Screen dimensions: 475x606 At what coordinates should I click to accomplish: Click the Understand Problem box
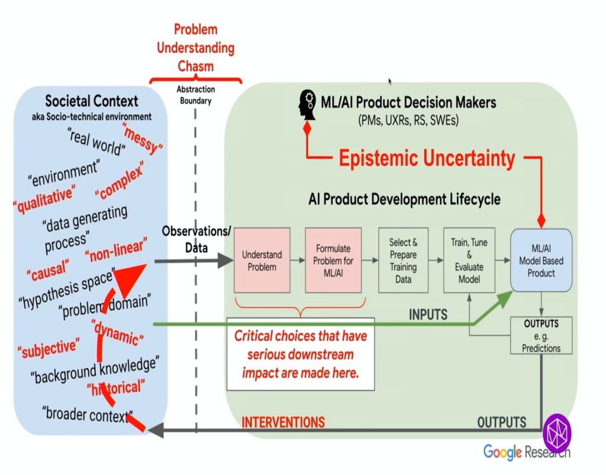point(262,260)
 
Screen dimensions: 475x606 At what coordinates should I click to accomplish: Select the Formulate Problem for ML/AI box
point(333,260)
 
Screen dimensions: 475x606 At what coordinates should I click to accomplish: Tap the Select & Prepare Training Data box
point(403,260)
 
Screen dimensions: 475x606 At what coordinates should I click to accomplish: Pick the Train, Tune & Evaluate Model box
point(469,260)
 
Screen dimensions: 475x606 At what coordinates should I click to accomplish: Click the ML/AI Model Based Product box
point(541,260)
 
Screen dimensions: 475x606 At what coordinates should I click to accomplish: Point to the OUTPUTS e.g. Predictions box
point(541,335)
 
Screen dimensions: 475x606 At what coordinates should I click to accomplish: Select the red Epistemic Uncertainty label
point(427,158)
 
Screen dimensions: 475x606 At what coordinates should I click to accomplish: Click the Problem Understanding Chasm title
point(195,47)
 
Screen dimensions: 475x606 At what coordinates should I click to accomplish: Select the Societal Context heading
point(91,101)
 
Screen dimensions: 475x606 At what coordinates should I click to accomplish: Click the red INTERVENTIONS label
point(283,422)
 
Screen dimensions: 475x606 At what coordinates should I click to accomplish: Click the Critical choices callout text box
point(301,354)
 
